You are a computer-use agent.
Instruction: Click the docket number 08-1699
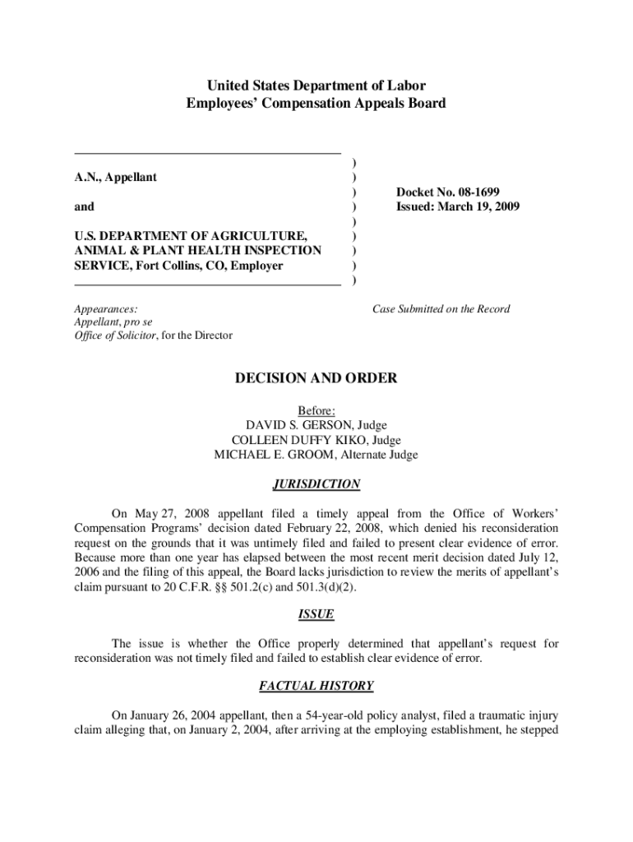click(x=476, y=192)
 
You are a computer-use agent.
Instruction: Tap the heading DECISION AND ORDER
click(x=316, y=378)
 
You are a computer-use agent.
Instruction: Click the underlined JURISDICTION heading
click(x=316, y=484)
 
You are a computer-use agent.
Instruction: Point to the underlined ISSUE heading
click(x=316, y=614)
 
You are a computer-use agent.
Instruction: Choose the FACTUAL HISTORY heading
click(x=316, y=685)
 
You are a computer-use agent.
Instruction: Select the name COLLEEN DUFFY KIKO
click(x=289, y=440)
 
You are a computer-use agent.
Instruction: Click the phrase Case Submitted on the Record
click(x=441, y=309)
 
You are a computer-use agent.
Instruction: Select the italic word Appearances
click(x=105, y=309)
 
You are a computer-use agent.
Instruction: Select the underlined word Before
click(x=316, y=410)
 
